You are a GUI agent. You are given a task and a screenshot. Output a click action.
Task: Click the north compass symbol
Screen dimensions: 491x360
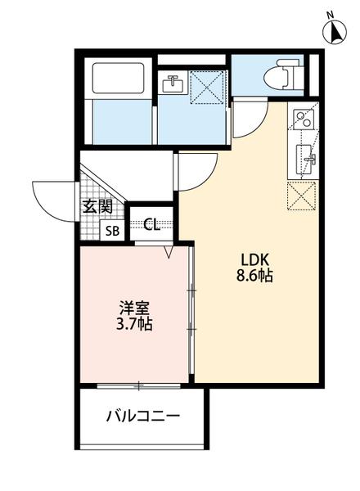pos(333,30)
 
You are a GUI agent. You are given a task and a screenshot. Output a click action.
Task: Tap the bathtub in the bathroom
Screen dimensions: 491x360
pos(119,78)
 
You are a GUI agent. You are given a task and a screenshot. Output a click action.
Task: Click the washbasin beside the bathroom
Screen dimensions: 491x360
pos(173,83)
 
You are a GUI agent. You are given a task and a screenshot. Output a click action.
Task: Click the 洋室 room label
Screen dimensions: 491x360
pos(134,308)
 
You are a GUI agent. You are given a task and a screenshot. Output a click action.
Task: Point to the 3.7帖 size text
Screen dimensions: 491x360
pos(134,325)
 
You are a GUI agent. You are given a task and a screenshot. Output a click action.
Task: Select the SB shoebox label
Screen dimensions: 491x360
pos(112,231)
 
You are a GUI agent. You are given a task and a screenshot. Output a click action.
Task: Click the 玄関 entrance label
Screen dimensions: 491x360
pos(97,206)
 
